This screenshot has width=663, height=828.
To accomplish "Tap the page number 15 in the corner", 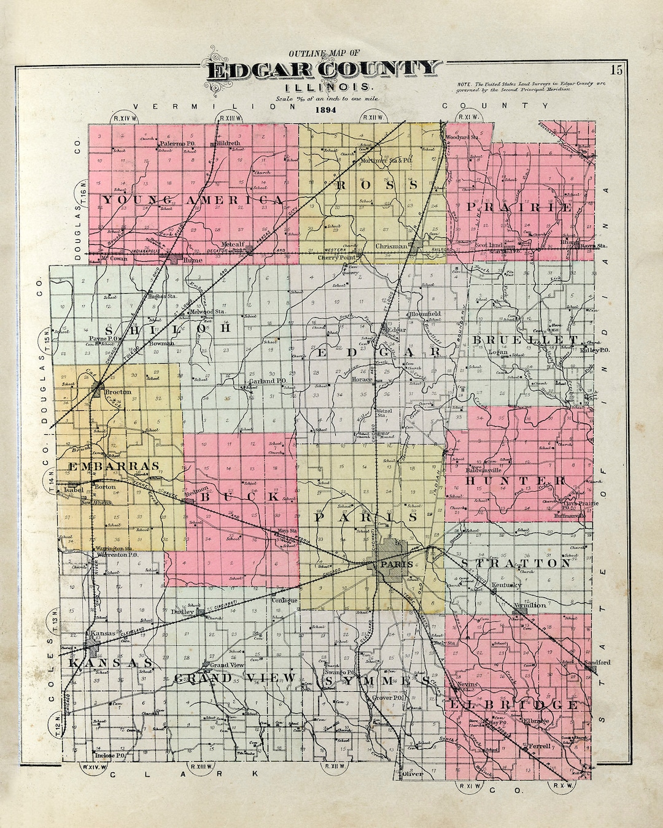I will [x=616, y=70].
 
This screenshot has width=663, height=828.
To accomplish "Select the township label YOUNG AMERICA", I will [x=192, y=200].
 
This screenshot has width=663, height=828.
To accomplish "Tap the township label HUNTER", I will [x=514, y=480].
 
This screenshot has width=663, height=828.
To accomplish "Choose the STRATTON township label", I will [x=515, y=563].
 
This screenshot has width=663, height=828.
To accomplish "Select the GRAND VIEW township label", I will [x=235, y=678].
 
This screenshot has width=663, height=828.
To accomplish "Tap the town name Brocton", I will [x=118, y=391].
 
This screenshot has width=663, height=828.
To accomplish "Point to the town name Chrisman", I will [x=391, y=246].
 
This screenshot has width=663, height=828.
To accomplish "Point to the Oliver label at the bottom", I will [x=412, y=774].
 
